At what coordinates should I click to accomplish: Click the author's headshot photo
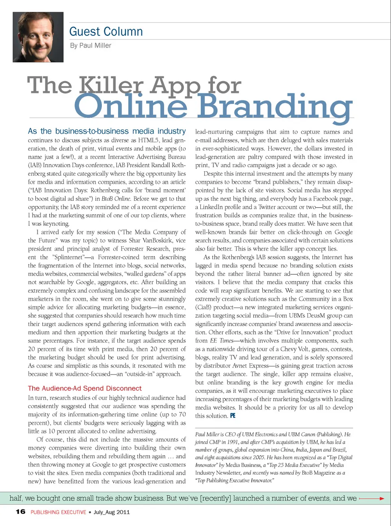point(38,37)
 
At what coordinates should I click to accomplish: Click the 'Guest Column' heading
point(106,32)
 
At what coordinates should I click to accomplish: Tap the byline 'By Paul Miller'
point(90,46)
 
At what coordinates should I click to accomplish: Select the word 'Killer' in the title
point(111,86)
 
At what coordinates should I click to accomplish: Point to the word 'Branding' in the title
point(275,107)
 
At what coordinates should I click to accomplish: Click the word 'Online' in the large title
point(131,107)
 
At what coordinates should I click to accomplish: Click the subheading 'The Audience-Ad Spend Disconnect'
point(85,389)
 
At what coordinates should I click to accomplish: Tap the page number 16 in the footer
point(20,512)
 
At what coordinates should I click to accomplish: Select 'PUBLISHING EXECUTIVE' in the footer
point(58,512)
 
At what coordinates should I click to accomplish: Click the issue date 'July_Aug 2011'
point(112,512)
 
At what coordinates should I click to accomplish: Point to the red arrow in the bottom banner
point(372,498)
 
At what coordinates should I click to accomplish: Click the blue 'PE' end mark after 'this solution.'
point(233,416)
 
